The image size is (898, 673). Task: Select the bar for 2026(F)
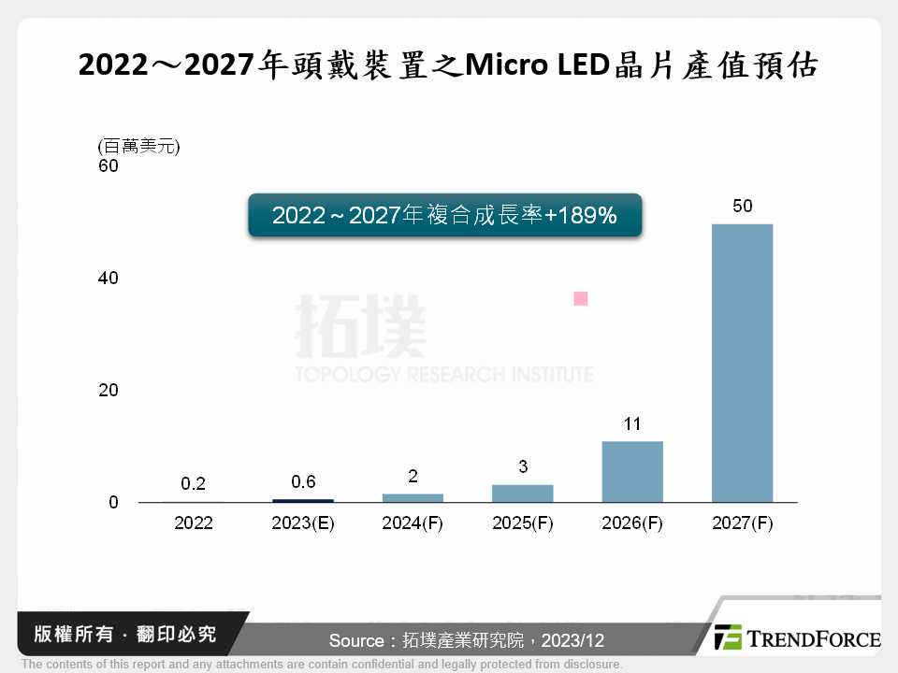tap(631, 472)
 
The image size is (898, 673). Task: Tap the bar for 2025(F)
tap(522, 494)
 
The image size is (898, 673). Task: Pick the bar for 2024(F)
tap(413, 498)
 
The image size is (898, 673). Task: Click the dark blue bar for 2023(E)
tap(303, 500)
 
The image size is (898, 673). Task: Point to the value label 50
tap(742, 206)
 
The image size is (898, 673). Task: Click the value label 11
tap(631, 423)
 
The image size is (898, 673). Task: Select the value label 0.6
tap(303, 482)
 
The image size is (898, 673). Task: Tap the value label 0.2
tap(193, 483)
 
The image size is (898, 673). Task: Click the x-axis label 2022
tap(193, 523)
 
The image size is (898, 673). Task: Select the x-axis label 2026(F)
tap(631, 523)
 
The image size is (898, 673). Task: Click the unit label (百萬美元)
tap(138, 146)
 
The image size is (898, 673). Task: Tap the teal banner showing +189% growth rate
tap(444, 216)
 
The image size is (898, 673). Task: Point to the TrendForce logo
tap(798, 637)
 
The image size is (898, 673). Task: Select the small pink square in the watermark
tap(580, 298)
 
